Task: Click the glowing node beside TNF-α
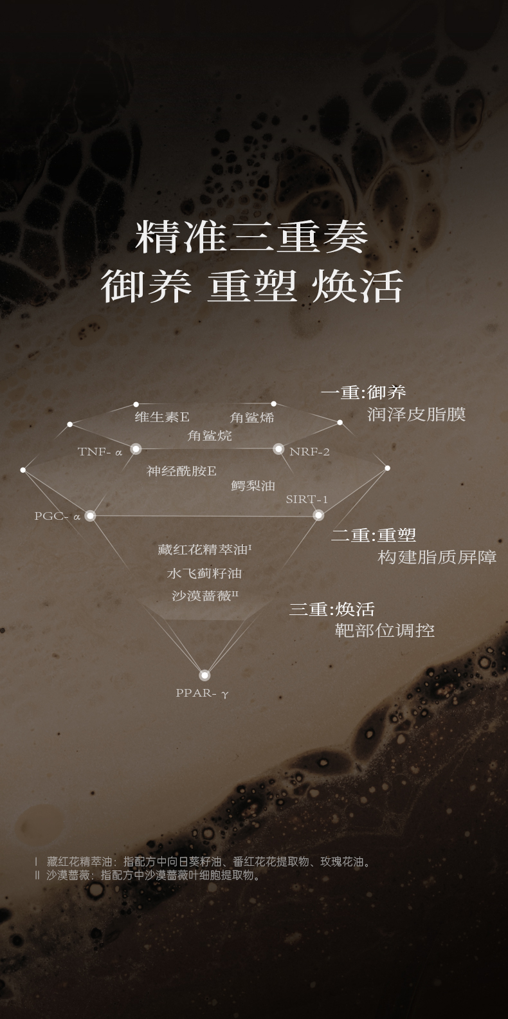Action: coord(136,448)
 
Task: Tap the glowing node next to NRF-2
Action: coord(278,448)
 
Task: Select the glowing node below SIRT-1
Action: coord(318,515)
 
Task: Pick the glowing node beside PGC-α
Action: coord(90,515)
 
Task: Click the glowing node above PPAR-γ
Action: coord(204,675)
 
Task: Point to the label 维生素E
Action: coord(162,417)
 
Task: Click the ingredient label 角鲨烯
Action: coord(252,418)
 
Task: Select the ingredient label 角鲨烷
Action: coord(210,436)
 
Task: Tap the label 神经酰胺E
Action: coord(181,471)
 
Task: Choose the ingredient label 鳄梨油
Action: coord(253,486)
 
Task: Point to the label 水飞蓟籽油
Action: coord(204,573)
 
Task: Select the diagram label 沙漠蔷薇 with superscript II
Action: coord(204,596)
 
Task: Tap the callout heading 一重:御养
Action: coord(363,392)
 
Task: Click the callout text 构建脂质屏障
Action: coord(437,557)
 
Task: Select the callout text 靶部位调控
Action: coord(385,630)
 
